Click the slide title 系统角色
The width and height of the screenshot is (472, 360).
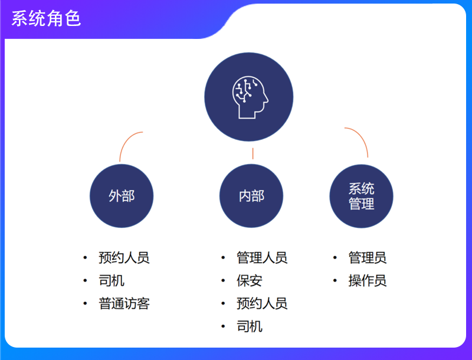click(x=46, y=19)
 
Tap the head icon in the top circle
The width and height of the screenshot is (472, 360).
click(x=249, y=97)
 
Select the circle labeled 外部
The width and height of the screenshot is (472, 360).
click(x=122, y=196)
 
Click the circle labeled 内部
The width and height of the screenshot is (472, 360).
click(x=251, y=196)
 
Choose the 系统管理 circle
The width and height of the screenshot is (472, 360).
click(x=361, y=197)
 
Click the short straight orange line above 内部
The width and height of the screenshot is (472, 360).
click(x=253, y=154)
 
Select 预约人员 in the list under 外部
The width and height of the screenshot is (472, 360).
click(x=124, y=258)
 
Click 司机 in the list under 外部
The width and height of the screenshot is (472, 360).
click(x=112, y=280)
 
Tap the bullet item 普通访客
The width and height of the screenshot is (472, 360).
click(x=124, y=303)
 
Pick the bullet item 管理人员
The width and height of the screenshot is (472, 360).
click(x=262, y=258)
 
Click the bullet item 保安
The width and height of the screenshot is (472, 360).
click(x=250, y=280)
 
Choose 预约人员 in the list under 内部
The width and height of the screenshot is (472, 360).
click(x=262, y=303)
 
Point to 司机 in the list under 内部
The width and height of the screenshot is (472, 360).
click(x=250, y=326)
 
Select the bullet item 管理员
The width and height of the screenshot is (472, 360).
click(x=368, y=258)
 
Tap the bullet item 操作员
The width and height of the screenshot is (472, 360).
click(x=368, y=280)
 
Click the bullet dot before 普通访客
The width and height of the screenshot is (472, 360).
click(x=86, y=303)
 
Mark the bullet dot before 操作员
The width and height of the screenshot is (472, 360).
click(x=335, y=280)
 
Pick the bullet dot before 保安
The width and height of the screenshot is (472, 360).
click(x=223, y=280)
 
